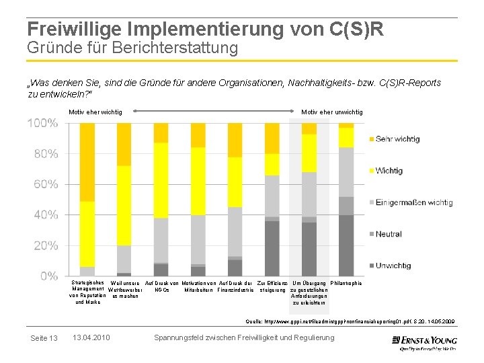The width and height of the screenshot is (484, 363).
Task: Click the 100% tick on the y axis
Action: point(42,124)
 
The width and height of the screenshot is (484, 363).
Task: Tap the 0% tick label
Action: point(48,276)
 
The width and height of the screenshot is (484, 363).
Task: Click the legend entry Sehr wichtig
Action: point(397,139)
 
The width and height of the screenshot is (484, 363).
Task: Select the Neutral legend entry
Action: point(389,234)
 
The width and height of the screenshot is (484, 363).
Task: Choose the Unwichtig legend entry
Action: point(393,266)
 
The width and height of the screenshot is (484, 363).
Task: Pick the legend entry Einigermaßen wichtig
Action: point(413,202)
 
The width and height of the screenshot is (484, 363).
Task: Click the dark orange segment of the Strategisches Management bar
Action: point(87,162)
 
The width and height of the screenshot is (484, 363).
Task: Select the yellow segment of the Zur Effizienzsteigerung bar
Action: point(272,164)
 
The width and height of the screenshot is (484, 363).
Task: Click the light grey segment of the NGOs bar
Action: point(161,240)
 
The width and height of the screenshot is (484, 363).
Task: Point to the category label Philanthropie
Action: point(346,284)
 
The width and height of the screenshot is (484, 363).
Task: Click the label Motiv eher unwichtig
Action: point(332,112)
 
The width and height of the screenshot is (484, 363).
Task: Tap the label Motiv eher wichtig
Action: point(95,112)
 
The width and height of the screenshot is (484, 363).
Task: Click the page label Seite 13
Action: point(44,337)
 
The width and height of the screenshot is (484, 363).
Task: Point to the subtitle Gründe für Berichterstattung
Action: point(132,48)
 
